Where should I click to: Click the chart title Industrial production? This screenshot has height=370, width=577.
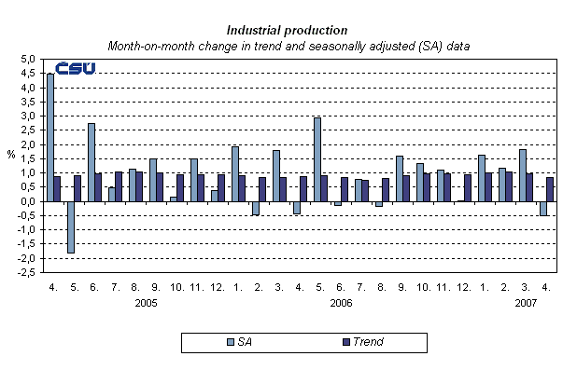click(x=288, y=30)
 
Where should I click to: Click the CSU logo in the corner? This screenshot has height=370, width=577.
click(x=75, y=69)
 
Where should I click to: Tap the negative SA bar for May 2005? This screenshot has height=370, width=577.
click(x=71, y=226)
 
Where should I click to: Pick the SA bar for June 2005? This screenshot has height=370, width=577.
click(x=91, y=162)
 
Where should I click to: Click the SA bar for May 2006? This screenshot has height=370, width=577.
click(x=317, y=159)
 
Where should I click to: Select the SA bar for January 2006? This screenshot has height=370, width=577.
click(x=235, y=173)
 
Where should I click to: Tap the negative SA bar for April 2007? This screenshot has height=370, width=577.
click(x=543, y=208)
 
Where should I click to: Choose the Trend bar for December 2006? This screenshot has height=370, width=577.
click(x=469, y=187)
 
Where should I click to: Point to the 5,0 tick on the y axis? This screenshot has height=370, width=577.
click(x=28, y=59)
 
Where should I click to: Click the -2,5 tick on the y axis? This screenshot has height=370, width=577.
click(x=26, y=272)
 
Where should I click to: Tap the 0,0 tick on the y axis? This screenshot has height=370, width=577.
click(x=28, y=201)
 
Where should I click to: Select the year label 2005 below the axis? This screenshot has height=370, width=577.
click(x=146, y=303)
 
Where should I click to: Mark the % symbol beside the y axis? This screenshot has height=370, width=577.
click(x=11, y=156)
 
